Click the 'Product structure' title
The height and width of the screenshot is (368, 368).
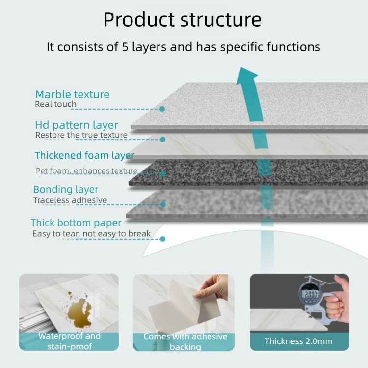point(182,20)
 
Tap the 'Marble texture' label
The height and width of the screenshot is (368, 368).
point(72,94)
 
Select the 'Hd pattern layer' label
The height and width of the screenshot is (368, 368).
point(77,125)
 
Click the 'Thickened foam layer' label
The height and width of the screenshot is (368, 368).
point(84,155)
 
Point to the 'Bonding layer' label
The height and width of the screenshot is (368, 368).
point(66,189)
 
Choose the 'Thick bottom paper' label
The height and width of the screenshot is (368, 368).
point(76,223)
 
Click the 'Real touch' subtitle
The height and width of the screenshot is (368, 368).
point(55,104)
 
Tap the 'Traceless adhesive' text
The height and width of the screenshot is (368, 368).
point(70,200)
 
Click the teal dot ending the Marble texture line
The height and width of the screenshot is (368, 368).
point(162,109)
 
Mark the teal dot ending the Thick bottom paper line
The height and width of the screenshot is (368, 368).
point(163,239)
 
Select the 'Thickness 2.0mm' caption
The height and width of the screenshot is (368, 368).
point(298,341)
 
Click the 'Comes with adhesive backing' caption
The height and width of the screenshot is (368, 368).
point(185,341)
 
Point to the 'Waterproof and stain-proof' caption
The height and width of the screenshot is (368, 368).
point(69,341)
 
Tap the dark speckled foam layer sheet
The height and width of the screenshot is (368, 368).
point(245,172)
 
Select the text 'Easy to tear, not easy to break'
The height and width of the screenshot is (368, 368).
point(92,234)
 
